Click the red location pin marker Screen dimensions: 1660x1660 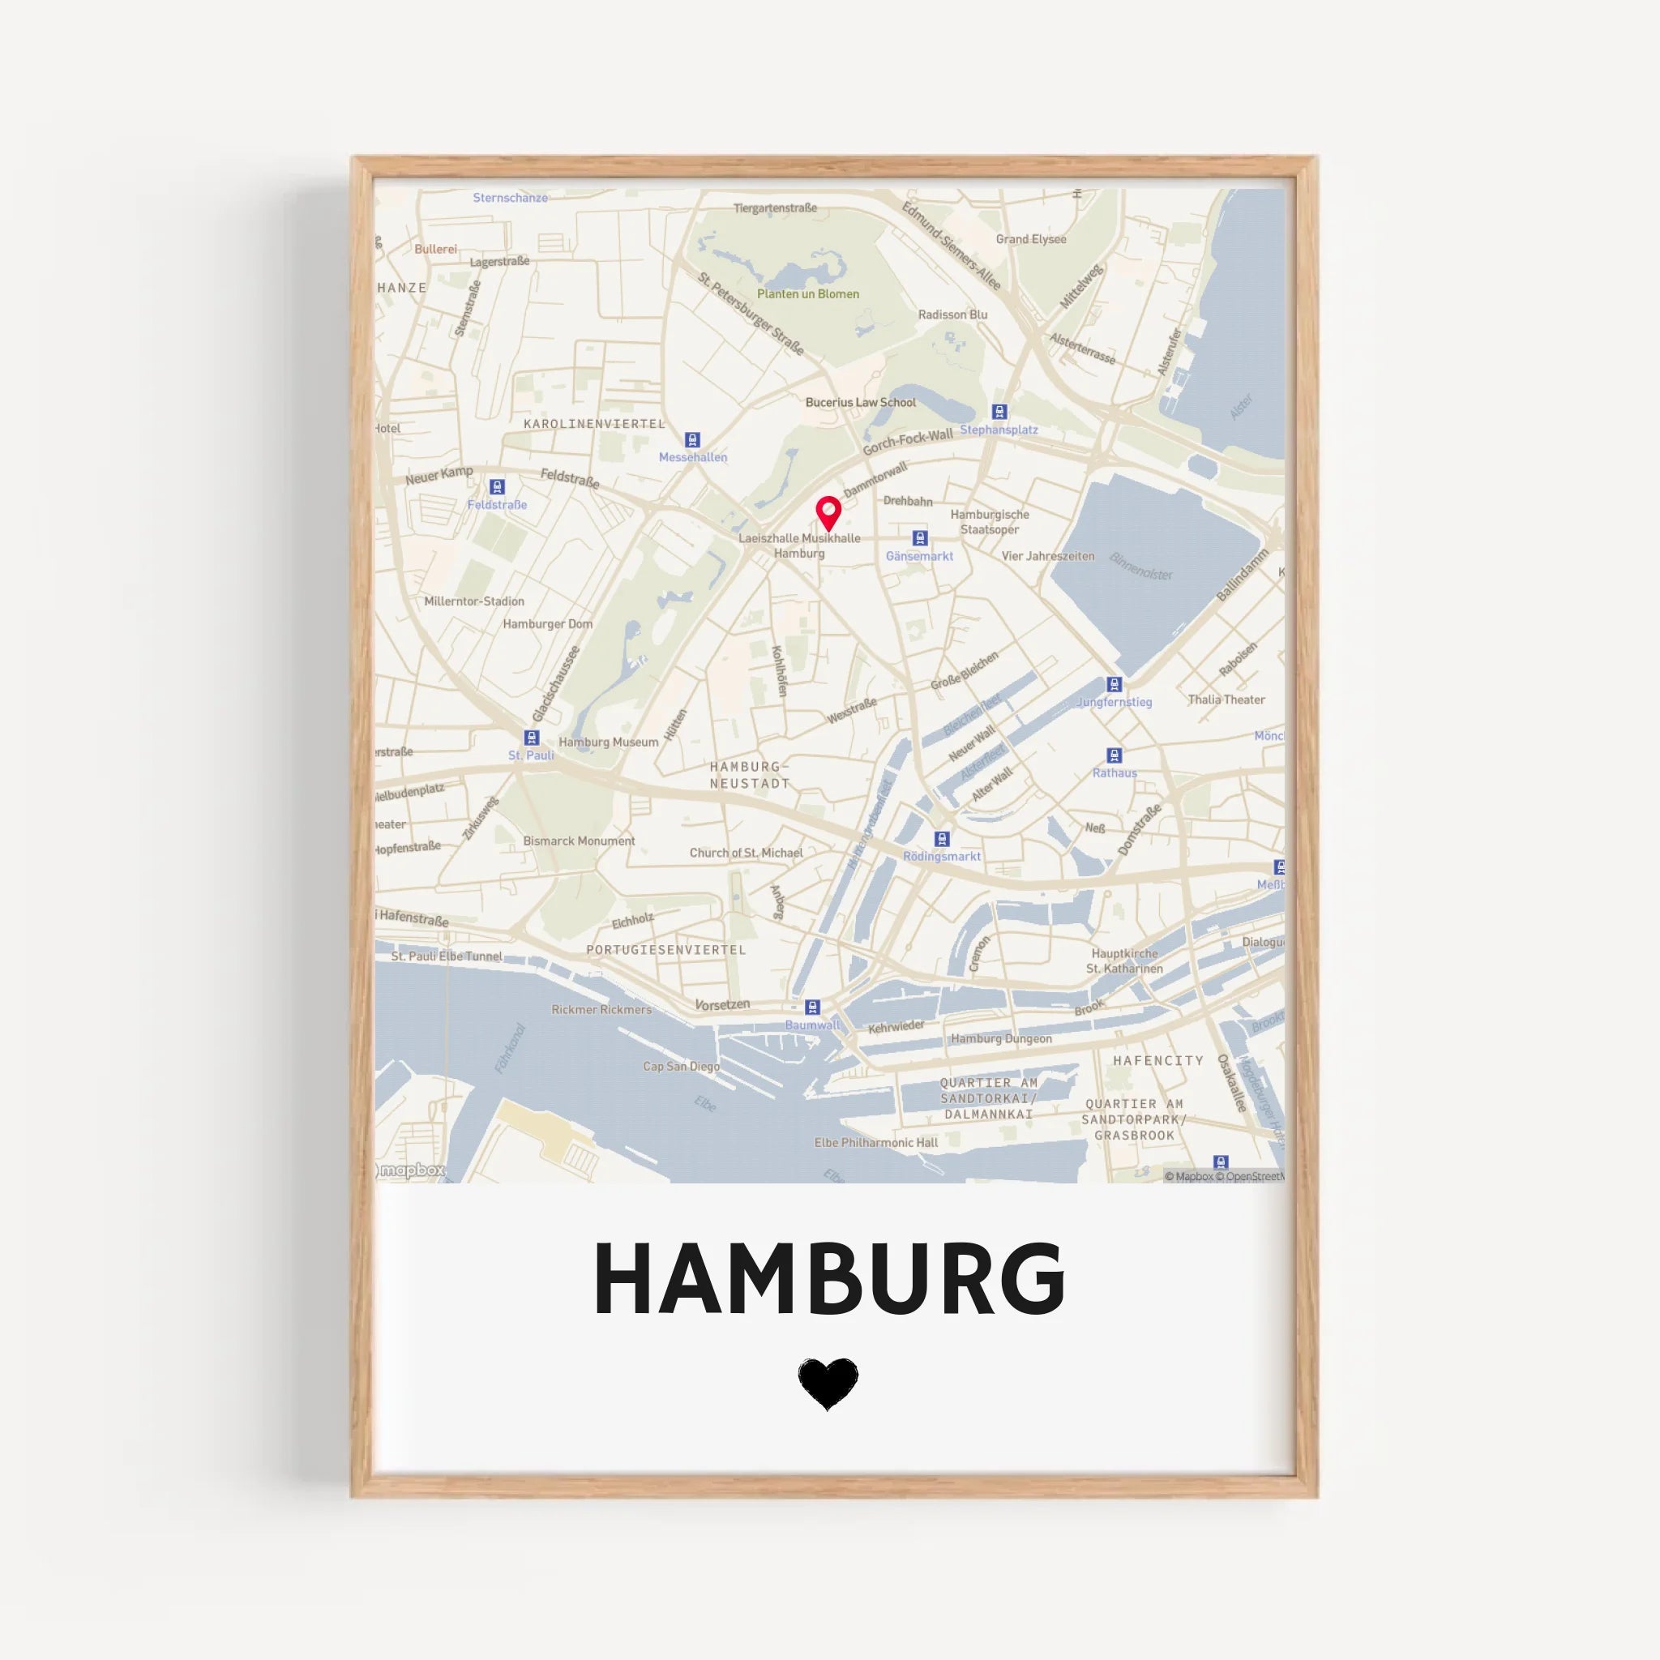pos(828,513)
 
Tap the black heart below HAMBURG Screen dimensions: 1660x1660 pos(828,1384)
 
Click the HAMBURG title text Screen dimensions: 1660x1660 pos(829,1279)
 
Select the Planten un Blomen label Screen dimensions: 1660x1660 pos(807,294)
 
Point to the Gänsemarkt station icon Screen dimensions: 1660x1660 pos(920,539)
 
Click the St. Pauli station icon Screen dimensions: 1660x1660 pos(531,738)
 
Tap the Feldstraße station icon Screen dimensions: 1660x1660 pos(497,487)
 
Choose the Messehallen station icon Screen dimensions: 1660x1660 pos(692,440)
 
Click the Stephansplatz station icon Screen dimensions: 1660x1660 pos(999,412)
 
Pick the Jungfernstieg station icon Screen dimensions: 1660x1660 pos(1115,684)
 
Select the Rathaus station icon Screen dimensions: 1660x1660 pos(1115,755)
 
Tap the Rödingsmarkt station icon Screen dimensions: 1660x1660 pos(942,839)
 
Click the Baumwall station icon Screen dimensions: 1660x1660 pos(812,1007)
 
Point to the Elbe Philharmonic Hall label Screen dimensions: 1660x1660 pos(875,1143)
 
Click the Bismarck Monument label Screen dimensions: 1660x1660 pos(579,841)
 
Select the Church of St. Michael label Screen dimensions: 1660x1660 pos(746,854)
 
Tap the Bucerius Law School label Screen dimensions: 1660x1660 pos(860,402)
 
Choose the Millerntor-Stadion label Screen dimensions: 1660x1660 pos(473,601)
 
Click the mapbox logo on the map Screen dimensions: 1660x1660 pos(412,1170)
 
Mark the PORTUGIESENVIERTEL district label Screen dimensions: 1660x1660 pos(666,949)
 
